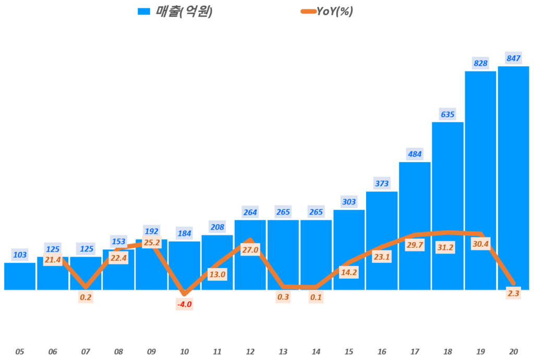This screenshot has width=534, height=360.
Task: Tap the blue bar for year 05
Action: pos(20,276)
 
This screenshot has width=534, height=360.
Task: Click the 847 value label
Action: pos(514,58)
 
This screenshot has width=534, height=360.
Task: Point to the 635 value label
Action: pos(447,114)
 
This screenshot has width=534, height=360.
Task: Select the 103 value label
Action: pos(20,255)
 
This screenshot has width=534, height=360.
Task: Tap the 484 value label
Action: pos(415,154)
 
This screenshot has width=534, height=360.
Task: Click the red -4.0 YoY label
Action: pos(185,304)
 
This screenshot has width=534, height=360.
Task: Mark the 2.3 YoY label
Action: pos(513,294)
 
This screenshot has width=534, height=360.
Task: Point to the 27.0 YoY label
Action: pos(250,250)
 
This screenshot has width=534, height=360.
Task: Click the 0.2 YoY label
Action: pos(86,297)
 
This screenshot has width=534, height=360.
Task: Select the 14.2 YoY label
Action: pos(349,271)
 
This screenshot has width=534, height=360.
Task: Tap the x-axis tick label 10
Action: pos(184,352)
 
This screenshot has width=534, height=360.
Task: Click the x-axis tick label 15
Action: pos(349,352)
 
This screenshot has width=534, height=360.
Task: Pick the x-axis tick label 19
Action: pos(480,352)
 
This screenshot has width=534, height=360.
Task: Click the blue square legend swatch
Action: pos(143,11)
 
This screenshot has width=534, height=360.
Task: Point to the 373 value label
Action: pos(382,183)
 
